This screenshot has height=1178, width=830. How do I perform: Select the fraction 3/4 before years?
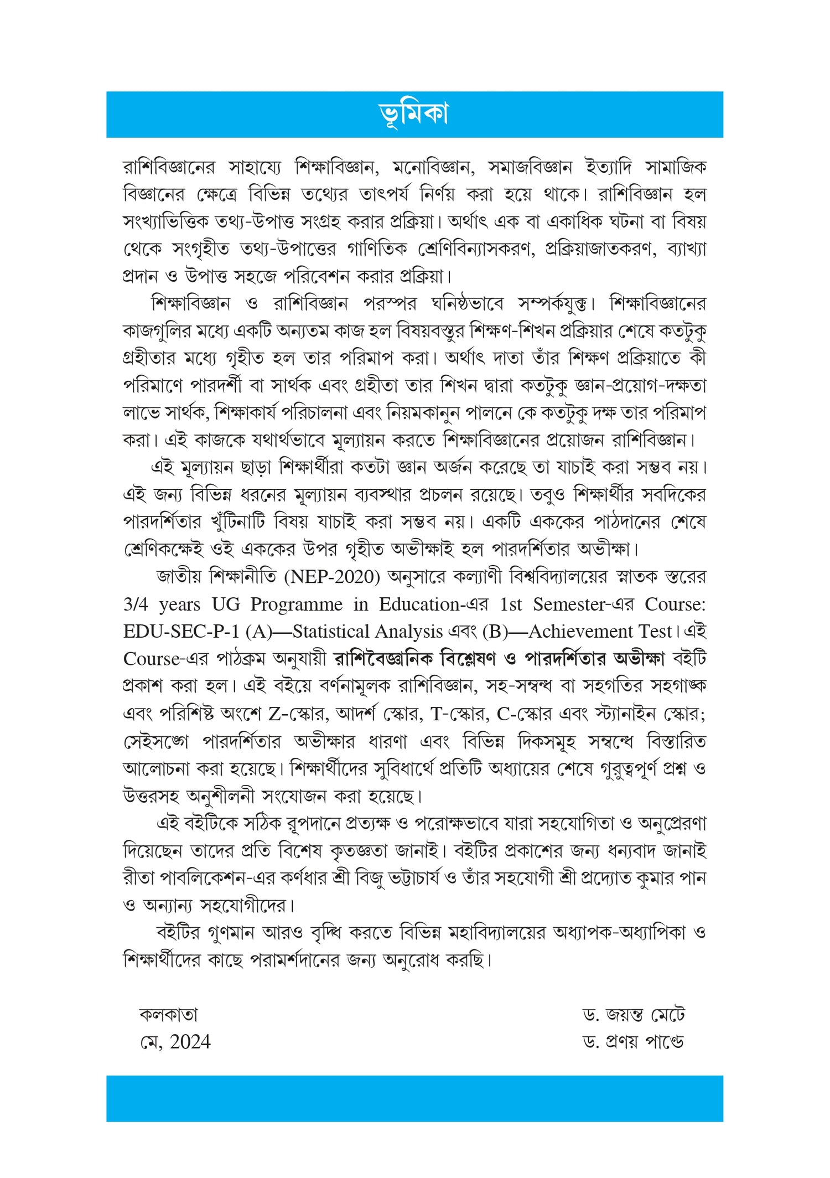coord(136,604)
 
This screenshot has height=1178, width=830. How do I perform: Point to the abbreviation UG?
coord(226,604)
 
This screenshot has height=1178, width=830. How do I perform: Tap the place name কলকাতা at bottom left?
coord(168,1015)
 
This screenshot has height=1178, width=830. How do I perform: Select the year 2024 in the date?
coord(190,1042)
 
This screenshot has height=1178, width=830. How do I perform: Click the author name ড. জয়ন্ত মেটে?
coord(634,1015)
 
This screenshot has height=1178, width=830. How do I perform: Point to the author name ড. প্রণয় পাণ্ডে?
coord(634,1042)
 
